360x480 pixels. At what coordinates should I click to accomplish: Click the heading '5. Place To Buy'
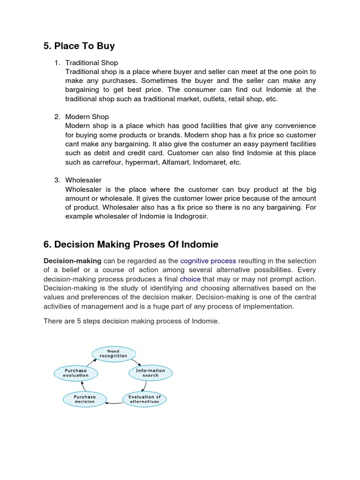pyautogui.click(x=79, y=46)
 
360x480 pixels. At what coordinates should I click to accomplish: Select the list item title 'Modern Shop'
pyautogui.click(x=87, y=117)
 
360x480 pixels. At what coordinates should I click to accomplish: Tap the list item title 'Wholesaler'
pyautogui.click(x=83, y=180)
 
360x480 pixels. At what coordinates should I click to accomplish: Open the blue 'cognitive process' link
pyautogui.click(x=208, y=261)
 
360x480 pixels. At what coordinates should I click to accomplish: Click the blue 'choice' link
pyautogui.click(x=190, y=278)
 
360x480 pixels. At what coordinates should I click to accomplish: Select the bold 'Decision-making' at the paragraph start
pyautogui.click(x=72, y=261)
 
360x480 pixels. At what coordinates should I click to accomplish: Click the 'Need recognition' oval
pyautogui.click(x=113, y=353)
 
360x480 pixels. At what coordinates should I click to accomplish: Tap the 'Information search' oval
pyautogui.click(x=150, y=373)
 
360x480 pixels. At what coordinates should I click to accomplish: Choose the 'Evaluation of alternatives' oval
pyautogui.click(x=144, y=399)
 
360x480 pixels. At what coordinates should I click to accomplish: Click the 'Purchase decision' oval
pyautogui.click(x=84, y=399)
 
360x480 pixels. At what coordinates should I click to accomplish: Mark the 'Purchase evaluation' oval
pyautogui.click(x=75, y=373)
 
